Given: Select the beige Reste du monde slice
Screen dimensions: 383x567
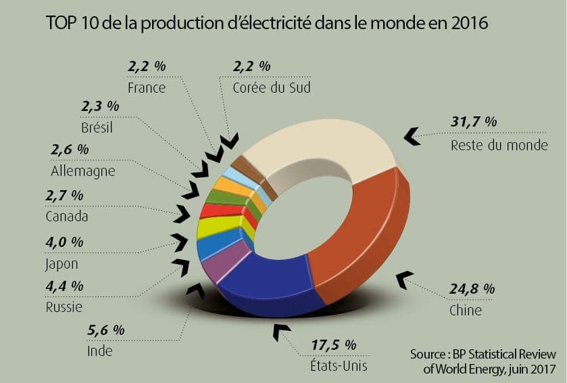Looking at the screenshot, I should (x=318, y=145).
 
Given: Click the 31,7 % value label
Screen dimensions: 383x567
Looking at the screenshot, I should (x=474, y=122).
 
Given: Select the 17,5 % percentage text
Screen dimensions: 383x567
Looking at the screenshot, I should (x=333, y=344).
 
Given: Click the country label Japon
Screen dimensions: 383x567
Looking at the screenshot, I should (x=62, y=264).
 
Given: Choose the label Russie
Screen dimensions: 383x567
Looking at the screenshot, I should (x=64, y=307).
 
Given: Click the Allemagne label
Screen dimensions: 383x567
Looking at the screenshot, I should (x=82, y=171).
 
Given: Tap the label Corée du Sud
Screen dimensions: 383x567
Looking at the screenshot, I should (x=271, y=87).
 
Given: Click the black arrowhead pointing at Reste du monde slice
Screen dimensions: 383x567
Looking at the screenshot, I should (x=410, y=136).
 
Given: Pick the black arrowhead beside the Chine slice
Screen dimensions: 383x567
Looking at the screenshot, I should (x=404, y=278).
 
